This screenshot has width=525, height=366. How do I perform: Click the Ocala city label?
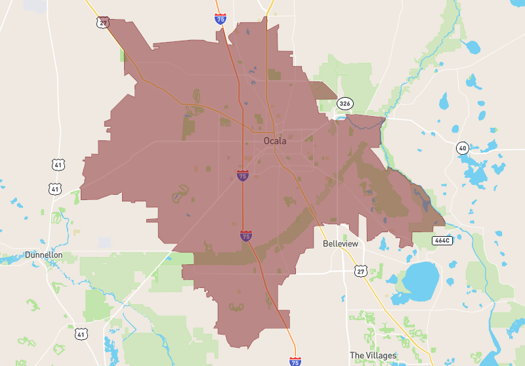(x=275, y=140)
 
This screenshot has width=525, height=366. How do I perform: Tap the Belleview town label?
(x=341, y=243)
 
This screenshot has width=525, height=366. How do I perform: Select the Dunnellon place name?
(x=43, y=254)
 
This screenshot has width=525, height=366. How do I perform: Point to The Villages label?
(x=373, y=356)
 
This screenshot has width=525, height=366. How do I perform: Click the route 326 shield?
(x=345, y=104)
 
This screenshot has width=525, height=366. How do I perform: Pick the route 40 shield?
(x=463, y=148)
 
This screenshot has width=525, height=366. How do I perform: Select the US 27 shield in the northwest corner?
(x=103, y=22)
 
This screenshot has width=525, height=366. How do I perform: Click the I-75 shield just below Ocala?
(x=243, y=175)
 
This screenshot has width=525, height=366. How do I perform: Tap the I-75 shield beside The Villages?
(x=295, y=361)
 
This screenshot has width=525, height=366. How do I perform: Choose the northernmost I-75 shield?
(x=221, y=18)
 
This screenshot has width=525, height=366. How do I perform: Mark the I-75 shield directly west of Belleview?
(x=246, y=235)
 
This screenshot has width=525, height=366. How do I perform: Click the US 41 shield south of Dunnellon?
(x=81, y=334)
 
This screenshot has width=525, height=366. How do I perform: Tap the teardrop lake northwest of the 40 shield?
(x=444, y=101)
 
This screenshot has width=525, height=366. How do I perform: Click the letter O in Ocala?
(x=266, y=140)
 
